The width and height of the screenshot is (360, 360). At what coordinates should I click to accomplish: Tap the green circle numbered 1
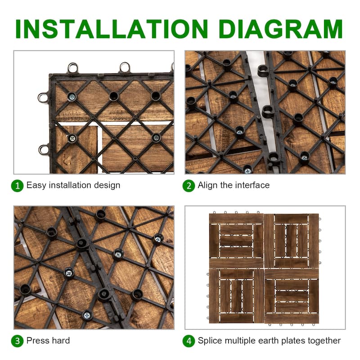[17, 185]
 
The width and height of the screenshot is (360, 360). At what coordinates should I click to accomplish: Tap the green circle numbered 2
[189, 185]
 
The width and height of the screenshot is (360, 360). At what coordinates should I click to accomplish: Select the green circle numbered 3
[17, 341]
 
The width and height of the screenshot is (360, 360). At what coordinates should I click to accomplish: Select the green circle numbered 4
[189, 341]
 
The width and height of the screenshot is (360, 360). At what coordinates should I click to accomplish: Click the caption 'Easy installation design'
[73, 185]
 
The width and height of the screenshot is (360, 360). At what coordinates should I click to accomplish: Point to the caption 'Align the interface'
[234, 185]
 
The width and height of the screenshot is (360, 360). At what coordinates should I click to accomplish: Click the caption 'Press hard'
[48, 341]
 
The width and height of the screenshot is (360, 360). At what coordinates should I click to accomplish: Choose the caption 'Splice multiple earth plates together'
[269, 341]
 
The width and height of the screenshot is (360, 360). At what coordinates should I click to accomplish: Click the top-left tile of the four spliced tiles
[236, 241]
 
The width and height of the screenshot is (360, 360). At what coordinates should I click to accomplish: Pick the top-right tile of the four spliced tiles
[291, 241]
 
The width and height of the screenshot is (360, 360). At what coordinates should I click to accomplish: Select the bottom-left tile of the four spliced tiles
[236, 296]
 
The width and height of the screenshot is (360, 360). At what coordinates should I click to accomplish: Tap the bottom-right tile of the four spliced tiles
[291, 296]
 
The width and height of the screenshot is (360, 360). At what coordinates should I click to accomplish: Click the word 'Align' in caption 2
[207, 185]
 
